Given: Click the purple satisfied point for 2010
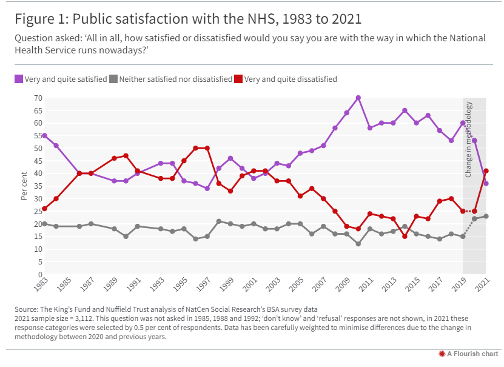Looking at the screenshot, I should (358, 98).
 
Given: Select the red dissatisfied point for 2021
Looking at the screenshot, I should (486, 171).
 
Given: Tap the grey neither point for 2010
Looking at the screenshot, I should (358, 244).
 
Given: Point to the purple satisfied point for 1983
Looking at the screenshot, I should (45, 135).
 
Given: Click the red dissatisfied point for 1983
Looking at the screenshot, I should (45, 209).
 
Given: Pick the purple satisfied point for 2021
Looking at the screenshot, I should (486, 183).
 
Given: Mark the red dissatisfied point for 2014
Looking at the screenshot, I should (405, 237).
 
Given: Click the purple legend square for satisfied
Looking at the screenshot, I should (19, 79).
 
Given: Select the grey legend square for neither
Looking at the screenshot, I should (113, 79).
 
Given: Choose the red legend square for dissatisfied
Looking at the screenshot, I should (239, 79).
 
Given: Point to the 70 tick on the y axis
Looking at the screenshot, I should (38, 98).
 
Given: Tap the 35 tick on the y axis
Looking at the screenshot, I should (38, 186).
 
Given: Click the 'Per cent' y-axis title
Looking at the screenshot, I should (24, 186).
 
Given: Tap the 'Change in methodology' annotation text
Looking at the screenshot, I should (469, 140).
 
